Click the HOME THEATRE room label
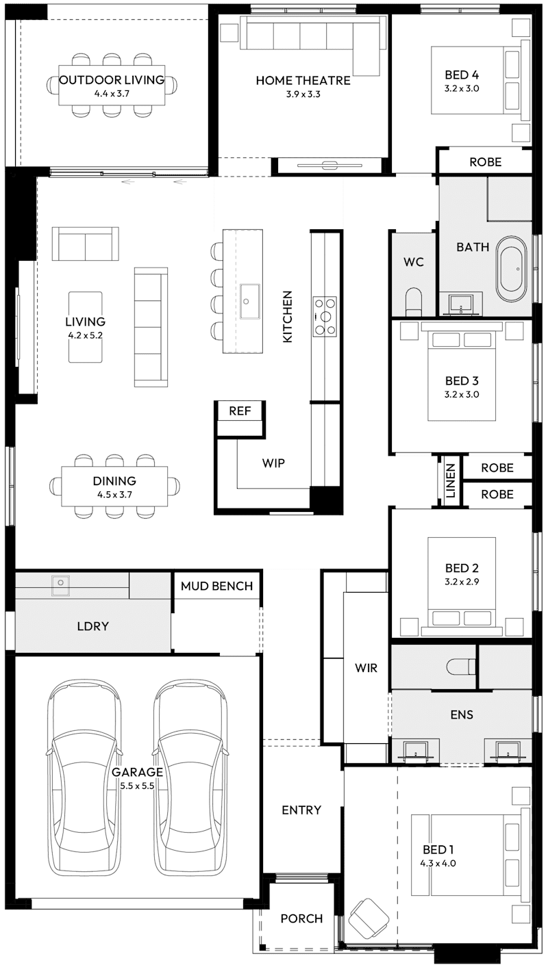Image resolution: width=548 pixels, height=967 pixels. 303,81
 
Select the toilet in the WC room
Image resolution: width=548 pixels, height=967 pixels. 414,300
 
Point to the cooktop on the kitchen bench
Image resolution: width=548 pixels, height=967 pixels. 325,316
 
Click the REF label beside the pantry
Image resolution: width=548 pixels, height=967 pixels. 240,411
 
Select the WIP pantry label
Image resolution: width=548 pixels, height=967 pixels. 273,463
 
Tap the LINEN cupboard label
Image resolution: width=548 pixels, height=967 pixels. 450,480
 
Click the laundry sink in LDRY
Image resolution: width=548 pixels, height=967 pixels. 60,582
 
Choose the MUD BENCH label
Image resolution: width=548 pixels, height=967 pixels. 216,586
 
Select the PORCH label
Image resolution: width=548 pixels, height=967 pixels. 301,918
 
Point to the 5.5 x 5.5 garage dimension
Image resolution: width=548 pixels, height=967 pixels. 137,786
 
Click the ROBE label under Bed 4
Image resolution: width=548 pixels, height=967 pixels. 485,162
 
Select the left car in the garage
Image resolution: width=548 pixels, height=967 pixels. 82,777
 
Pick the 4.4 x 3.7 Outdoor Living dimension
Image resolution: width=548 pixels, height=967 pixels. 111,94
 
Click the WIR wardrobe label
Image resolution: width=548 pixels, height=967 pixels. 366,668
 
